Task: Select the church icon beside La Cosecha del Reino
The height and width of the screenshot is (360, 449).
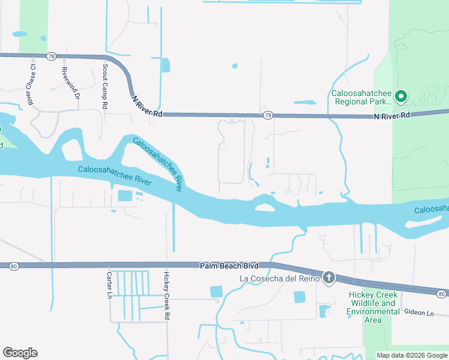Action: [328, 278]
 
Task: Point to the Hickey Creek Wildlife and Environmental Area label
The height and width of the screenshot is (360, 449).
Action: [372, 307]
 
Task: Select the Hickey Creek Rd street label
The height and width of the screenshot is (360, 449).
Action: [167, 295]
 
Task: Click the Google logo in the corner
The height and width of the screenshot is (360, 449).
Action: [20, 353]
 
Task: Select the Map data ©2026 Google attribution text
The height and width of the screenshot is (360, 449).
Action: [411, 355]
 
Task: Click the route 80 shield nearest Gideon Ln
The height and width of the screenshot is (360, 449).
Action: [441, 293]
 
